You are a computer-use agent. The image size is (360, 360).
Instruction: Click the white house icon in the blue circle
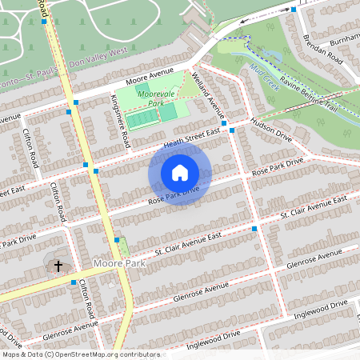click(180, 172)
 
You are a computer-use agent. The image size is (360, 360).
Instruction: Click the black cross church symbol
click(58, 266)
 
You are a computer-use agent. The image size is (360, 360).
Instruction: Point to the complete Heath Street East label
click(191, 138)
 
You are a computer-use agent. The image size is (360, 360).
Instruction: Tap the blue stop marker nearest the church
click(73, 282)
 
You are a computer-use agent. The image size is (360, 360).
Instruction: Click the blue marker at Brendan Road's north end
click(294, 10)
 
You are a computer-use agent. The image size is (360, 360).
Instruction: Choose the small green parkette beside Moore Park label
click(122, 246)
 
